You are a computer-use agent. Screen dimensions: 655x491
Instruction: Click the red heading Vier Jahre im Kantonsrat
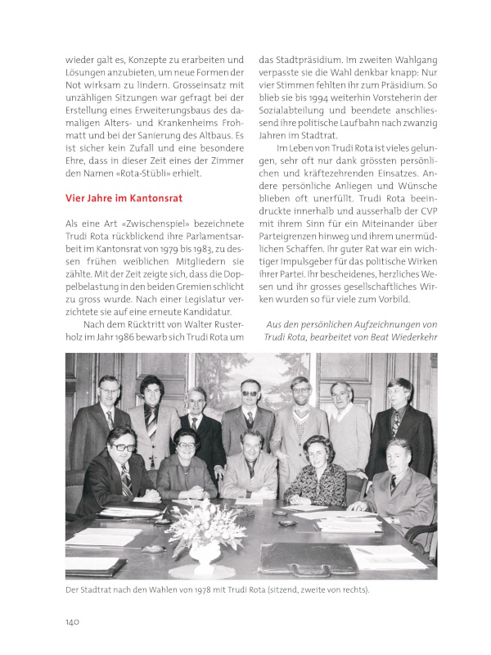124,197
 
